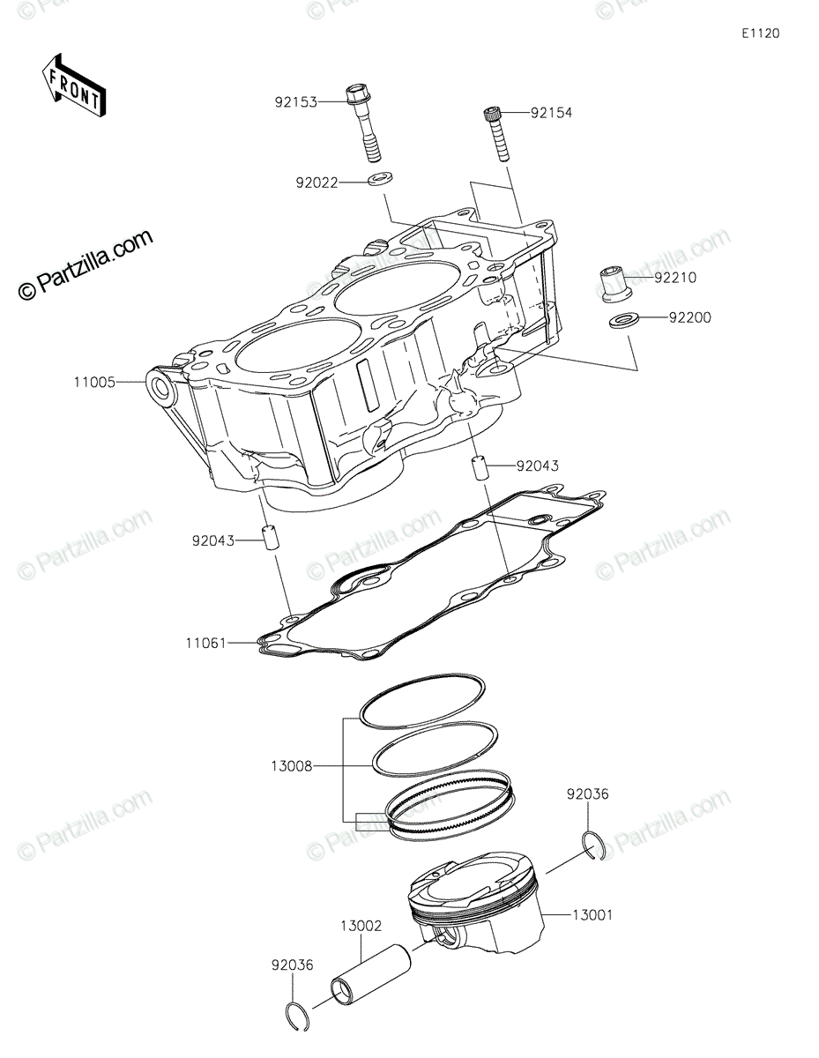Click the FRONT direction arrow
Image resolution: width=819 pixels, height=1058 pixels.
pos(74,86)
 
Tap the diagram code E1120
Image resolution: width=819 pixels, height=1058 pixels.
pos(761,34)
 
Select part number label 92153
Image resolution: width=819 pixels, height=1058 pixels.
pos(296,102)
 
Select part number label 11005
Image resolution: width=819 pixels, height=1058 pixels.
pos(95,383)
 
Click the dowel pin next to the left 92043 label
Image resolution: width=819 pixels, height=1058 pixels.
pos(269,538)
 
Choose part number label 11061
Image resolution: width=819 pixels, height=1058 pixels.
pos(206,643)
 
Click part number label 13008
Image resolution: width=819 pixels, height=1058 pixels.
pos(292,766)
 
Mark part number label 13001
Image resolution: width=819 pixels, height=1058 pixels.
pos(592,915)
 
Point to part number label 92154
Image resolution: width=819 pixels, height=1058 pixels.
pos(551,113)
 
